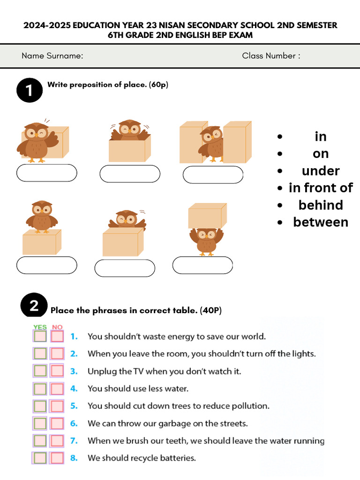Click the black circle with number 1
coord(30,90)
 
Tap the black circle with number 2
coord(34,306)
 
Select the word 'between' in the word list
coord(321,222)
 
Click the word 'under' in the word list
coord(321,171)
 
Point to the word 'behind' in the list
coord(321,205)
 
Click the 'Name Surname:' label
coord(52,56)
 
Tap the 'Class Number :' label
coord(271,56)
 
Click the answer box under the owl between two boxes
coord(213,175)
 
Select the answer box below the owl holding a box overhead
coord(202,265)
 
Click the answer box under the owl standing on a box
coord(46,265)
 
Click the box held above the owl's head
coord(207,216)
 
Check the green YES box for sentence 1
coord(40,337)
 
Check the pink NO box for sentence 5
coord(57,406)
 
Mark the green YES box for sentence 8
coord(40,458)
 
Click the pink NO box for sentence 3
coord(57,371)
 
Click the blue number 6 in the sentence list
coord(74,423)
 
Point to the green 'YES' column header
coord(40,327)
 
